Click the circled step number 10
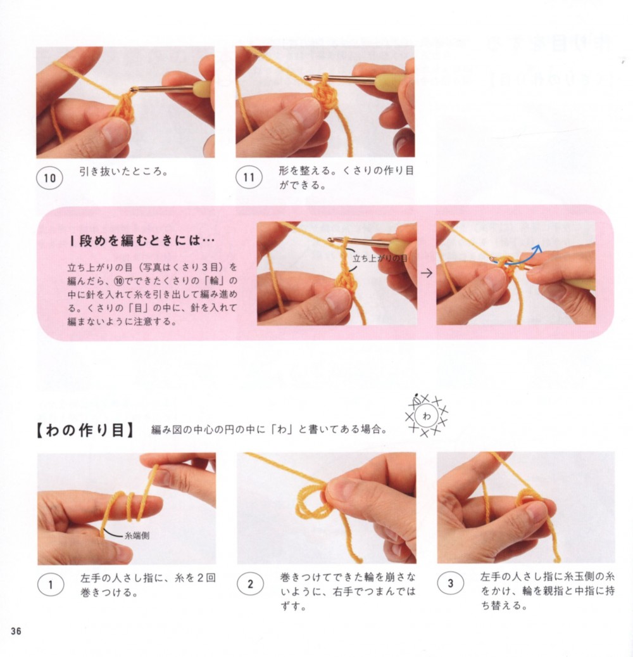click(x=49, y=177)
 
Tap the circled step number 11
click(x=249, y=177)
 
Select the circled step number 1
click(x=51, y=584)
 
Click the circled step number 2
click(x=251, y=584)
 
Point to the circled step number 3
click(x=451, y=584)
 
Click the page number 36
click(x=16, y=631)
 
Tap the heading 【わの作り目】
click(x=84, y=430)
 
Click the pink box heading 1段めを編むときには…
click(x=142, y=241)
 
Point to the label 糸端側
click(x=137, y=535)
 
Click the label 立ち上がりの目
click(x=379, y=258)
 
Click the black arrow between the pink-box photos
click(x=427, y=273)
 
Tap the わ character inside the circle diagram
click(x=427, y=416)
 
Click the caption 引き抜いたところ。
click(x=123, y=171)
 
